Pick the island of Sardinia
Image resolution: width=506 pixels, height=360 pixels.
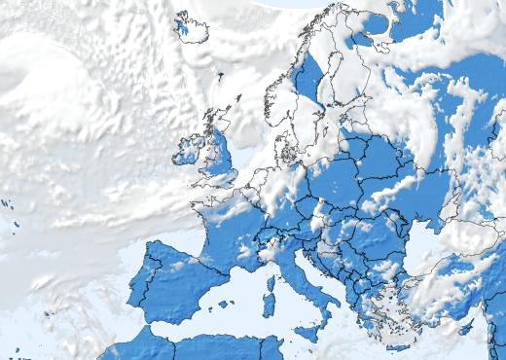coord(269,306)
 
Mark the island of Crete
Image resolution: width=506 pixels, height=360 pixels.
coord(398,346)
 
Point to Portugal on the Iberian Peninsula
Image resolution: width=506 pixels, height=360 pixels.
coord(135,291)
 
